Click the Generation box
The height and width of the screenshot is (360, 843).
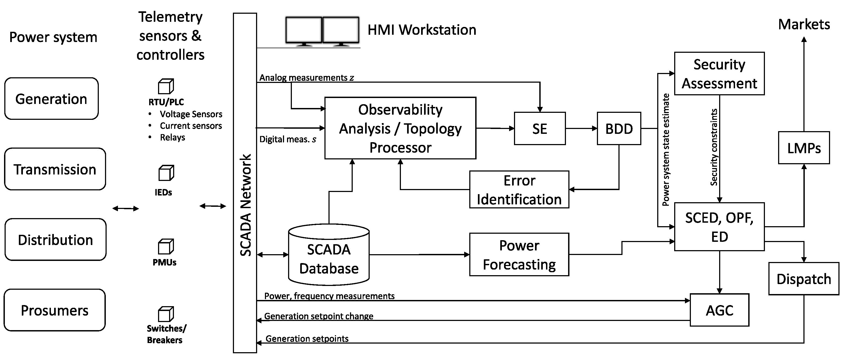pos(51,99)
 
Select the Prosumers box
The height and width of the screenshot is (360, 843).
pos(55,310)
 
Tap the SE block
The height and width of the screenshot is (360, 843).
pos(539,129)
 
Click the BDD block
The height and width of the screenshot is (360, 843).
pos(618,129)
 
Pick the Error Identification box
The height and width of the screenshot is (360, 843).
pos(519,190)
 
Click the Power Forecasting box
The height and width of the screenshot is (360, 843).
pos(519,255)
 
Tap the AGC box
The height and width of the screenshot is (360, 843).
pos(719,310)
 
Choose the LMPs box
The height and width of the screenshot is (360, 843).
pos(804,148)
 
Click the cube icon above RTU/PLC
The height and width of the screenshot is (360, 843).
pos(166,86)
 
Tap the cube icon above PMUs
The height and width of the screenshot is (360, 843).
pos(166,246)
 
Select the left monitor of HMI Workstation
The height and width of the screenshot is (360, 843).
pos(303,30)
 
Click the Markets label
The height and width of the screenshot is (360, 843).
pos(804,24)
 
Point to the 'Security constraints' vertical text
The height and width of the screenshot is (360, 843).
pos(714,147)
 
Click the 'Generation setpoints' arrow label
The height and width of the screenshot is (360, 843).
pos(307,338)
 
